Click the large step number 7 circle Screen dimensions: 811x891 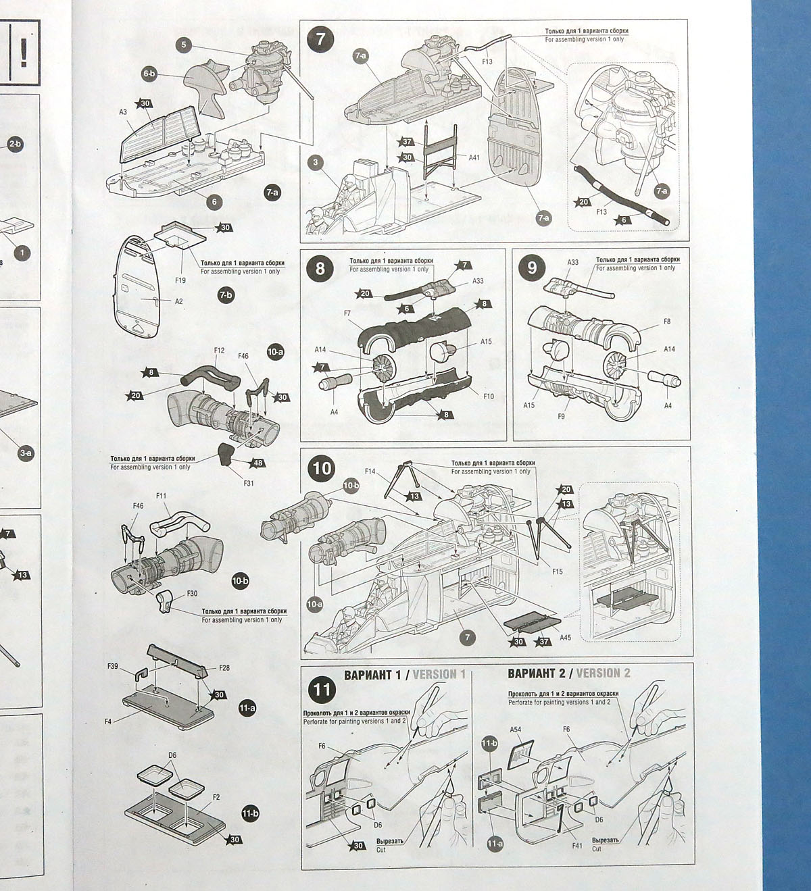pyautogui.click(x=320, y=39)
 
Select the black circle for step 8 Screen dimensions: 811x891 pyautogui.click(x=320, y=268)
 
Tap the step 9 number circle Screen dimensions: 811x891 pyautogui.click(x=532, y=268)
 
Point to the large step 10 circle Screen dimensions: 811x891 pyautogui.click(x=322, y=467)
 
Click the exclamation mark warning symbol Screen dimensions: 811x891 pyautogui.click(x=24, y=51)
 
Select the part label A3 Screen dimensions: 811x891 pyautogui.click(x=124, y=111)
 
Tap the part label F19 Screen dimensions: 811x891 pyautogui.click(x=180, y=280)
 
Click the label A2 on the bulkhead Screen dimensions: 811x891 pyautogui.click(x=178, y=301)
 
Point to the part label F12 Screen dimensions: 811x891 pyautogui.click(x=219, y=351)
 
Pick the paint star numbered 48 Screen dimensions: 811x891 pyautogui.click(x=257, y=463)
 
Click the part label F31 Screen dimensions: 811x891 pyautogui.click(x=249, y=483)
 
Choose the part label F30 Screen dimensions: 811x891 pyautogui.click(x=192, y=594)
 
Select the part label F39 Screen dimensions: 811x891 pyautogui.click(x=112, y=666)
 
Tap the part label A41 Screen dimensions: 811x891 pyautogui.click(x=474, y=157)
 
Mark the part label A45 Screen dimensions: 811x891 pyautogui.click(x=565, y=637)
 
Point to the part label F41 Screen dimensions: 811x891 pyautogui.click(x=576, y=845)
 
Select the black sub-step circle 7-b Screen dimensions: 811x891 pyautogui.click(x=226, y=295)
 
